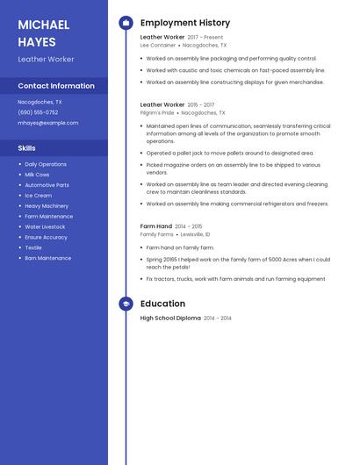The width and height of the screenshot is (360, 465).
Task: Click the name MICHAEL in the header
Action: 44,25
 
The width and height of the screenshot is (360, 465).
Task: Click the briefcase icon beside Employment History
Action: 126,23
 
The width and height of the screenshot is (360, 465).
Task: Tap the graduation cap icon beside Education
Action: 126,304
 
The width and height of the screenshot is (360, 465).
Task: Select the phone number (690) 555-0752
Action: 38,112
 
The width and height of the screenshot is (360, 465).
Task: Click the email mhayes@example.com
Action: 48,123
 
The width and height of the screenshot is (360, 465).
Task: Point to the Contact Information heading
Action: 56,86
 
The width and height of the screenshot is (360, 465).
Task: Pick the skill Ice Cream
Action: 39,196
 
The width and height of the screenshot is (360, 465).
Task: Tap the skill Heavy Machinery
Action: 46,206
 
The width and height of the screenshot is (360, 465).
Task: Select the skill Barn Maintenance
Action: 48,258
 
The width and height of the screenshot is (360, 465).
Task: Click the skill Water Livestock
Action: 45,226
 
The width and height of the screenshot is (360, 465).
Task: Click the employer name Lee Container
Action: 158,45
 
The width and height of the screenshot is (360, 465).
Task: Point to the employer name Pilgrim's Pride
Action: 157,112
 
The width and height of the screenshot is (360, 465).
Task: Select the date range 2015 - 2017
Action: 200,104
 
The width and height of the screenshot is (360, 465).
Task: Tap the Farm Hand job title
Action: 155,226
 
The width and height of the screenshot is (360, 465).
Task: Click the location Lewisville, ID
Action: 196,234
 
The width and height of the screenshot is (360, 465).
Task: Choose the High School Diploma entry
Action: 170,318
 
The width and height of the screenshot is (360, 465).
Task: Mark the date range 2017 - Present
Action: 205,38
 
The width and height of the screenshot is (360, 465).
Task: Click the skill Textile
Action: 33,247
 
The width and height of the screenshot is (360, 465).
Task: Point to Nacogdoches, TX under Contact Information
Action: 40,102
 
